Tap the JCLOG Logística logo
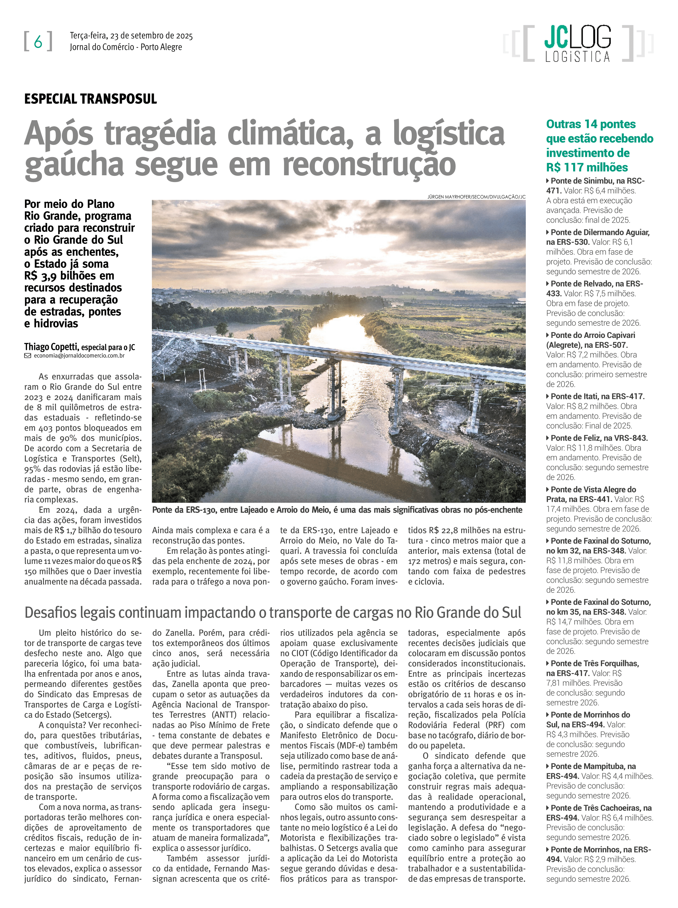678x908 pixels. (577, 43)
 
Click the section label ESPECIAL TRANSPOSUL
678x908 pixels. (90, 99)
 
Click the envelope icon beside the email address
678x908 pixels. (27, 356)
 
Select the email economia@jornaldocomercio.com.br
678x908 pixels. (79, 356)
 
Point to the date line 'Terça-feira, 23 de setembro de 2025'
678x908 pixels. (131, 36)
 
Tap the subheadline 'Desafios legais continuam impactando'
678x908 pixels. (272, 612)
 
